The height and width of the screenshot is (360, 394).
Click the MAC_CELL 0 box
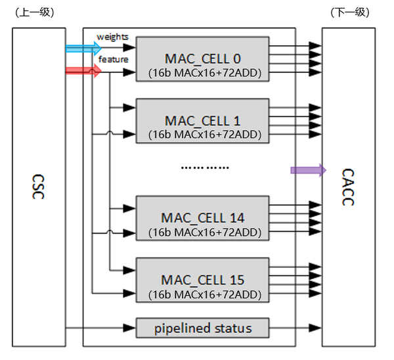[202, 59]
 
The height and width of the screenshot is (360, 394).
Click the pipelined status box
[202, 326]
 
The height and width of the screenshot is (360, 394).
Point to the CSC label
[39, 187]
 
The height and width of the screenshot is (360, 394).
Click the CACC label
[348, 187]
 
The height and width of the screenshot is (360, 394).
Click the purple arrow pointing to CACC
[308, 170]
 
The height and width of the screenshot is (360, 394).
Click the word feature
[113, 60]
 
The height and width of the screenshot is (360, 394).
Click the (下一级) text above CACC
[351, 12]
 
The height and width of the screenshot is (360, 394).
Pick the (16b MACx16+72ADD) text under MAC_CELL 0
[202, 72]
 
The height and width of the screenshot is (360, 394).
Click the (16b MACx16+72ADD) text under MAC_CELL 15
[202, 293]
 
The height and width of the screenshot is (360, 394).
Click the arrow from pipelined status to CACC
[295, 327]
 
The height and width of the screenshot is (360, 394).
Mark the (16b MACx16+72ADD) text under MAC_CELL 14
[202, 231]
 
